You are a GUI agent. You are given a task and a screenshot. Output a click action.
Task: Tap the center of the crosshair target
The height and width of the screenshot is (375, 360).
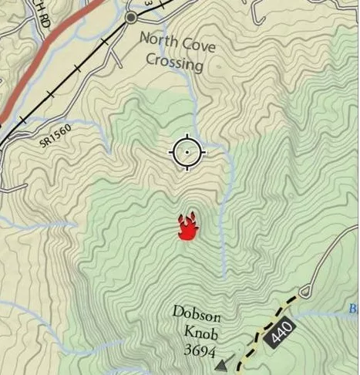tap(186, 152)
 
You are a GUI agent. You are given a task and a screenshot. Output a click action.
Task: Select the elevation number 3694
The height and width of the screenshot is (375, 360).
tap(199, 351)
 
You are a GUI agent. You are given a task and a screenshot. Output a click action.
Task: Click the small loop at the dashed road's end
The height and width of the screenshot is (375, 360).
tap(305, 292)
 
